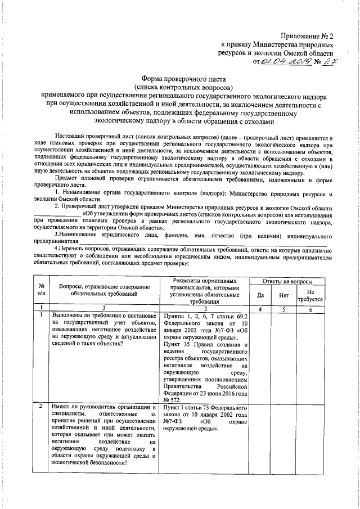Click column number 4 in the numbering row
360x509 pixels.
(260, 308)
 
